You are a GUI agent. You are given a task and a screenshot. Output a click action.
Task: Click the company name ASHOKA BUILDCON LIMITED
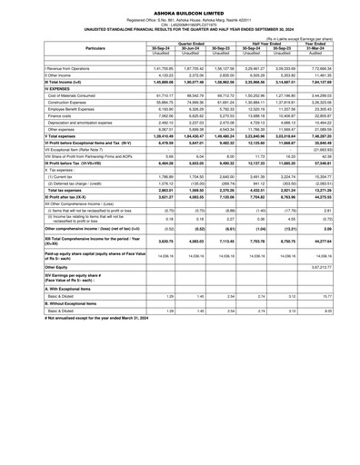point(180,9)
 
